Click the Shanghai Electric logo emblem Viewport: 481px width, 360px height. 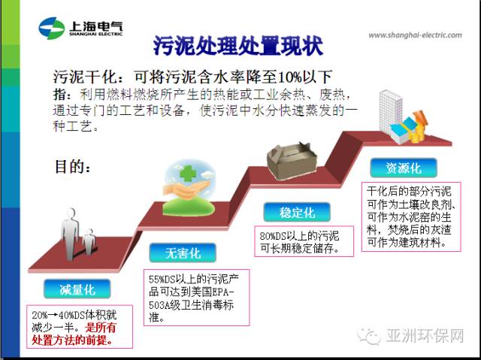click(52, 29)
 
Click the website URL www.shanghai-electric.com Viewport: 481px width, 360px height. click(415, 35)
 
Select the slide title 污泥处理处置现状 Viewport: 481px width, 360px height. click(238, 46)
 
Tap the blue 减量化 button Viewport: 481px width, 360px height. click(77, 289)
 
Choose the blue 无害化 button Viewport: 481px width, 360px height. click(183, 253)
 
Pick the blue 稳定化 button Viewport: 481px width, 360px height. click(297, 212)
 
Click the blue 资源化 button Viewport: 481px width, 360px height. click(404, 168)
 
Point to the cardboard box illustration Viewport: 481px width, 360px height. click(292, 161)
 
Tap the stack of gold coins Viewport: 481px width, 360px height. click(417, 134)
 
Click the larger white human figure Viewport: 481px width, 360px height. click(71, 234)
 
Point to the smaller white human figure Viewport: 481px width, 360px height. click(89, 242)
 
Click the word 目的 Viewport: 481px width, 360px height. click(68, 167)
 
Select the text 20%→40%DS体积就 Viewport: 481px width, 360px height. click(74, 315)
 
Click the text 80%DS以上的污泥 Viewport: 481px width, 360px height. click(299, 236)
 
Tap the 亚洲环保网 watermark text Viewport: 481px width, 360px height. click(425, 336)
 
